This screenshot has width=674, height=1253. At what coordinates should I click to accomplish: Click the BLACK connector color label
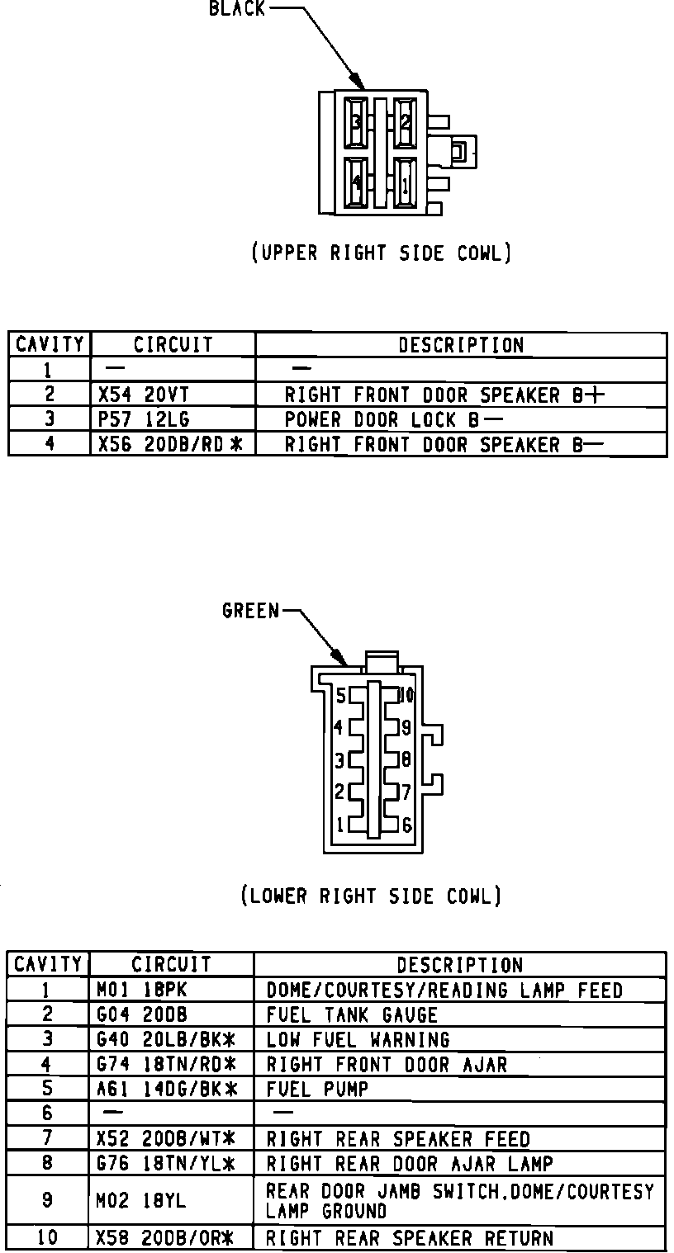237,9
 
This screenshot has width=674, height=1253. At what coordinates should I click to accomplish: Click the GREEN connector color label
251,611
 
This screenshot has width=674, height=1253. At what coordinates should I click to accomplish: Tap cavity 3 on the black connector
357,122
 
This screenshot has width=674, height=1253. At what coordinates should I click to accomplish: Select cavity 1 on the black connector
405,182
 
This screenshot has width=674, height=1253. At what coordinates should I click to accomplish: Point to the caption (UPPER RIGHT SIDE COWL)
381,253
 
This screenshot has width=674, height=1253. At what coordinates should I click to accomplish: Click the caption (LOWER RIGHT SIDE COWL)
371,896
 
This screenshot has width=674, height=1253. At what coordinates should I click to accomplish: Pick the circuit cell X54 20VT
144,395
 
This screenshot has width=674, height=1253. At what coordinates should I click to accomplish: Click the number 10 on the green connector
406,695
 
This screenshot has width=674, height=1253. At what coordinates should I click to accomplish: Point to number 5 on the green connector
340,696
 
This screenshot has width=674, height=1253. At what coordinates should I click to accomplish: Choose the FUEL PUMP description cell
317,1089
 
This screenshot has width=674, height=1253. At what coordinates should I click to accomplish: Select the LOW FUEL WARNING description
358,1039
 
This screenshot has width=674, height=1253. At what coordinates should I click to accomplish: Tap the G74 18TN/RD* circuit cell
167,1064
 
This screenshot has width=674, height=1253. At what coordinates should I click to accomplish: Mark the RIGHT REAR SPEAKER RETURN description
409,1237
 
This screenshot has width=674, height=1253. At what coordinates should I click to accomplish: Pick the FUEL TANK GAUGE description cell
352,1014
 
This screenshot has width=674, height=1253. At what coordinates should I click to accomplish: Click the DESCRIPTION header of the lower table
459,965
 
